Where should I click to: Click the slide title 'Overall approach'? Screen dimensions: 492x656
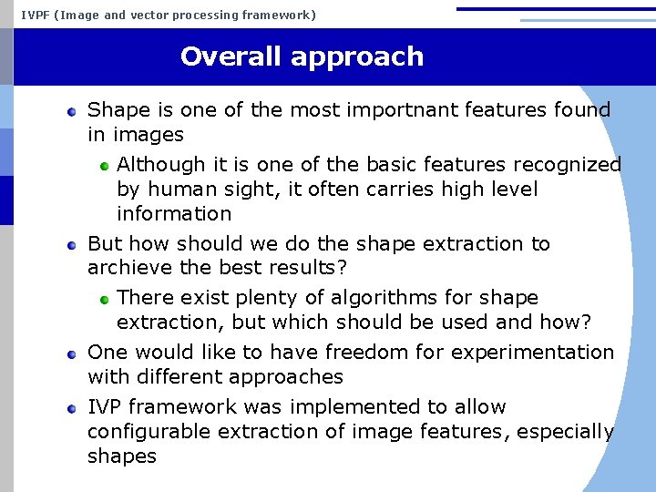pyautogui.click(x=302, y=56)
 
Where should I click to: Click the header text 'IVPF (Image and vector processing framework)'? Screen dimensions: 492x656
pyautogui.click(x=169, y=15)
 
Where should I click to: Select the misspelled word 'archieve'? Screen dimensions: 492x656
pyautogui.click(x=124, y=269)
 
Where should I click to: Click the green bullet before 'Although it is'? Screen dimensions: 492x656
pyautogui.click(x=105, y=166)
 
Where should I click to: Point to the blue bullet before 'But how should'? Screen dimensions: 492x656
pyautogui.click(x=72, y=245)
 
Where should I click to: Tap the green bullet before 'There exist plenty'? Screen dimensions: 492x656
pyautogui.click(x=105, y=299)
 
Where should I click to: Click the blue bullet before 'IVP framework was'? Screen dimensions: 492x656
pyautogui.click(x=72, y=408)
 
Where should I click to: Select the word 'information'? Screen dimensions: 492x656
pyautogui.click(x=174, y=214)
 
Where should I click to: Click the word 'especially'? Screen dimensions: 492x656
pyautogui.click(x=565, y=432)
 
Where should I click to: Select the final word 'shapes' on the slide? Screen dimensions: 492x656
pyautogui.click(x=121, y=456)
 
